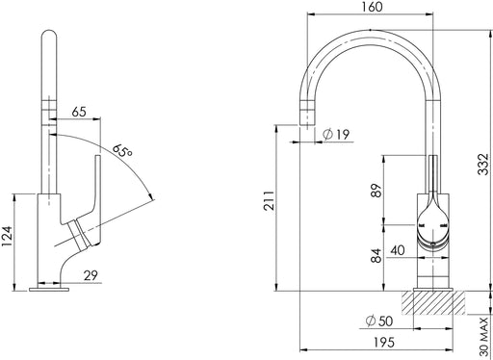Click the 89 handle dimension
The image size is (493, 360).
[x=375, y=189]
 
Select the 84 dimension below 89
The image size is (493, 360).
[x=375, y=255]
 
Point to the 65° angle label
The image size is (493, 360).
[x=122, y=152]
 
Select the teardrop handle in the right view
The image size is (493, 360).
[x=431, y=221]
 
